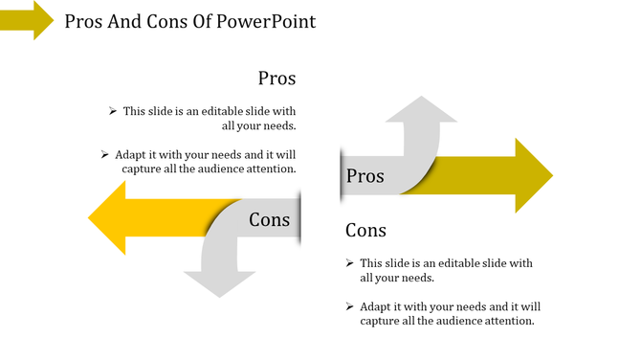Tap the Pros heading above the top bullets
276,79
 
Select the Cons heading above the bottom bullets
365,231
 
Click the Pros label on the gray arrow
365,176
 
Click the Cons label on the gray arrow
269,220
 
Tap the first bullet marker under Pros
113,111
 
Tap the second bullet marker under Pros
103,153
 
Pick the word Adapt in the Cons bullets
377,306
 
